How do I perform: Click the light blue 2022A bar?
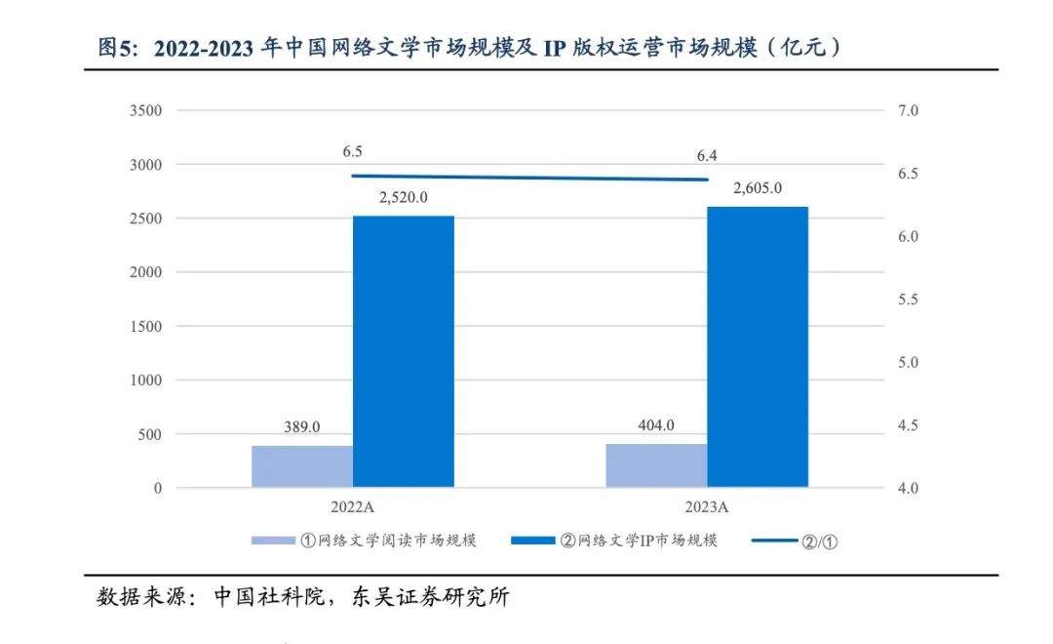[x=302, y=466]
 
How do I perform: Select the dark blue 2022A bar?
[x=404, y=351]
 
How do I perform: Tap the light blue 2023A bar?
[x=656, y=465]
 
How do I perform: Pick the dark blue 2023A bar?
[x=758, y=346]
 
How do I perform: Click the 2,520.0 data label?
[x=404, y=197]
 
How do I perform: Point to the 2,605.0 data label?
[x=758, y=187]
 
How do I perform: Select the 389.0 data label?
[x=302, y=427]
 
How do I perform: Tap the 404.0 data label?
[x=655, y=425]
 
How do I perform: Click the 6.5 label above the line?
[x=353, y=152]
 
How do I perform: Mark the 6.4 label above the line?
[x=707, y=155]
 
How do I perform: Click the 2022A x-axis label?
[x=353, y=507]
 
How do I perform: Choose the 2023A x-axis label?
[x=707, y=507]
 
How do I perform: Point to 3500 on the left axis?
[x=145, y=111]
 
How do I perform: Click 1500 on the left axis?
[x=145, y=327]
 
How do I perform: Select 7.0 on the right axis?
[x=908, y=111]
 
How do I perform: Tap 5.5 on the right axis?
[x=908, y=300]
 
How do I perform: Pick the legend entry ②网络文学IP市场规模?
[x=639, y=541]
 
